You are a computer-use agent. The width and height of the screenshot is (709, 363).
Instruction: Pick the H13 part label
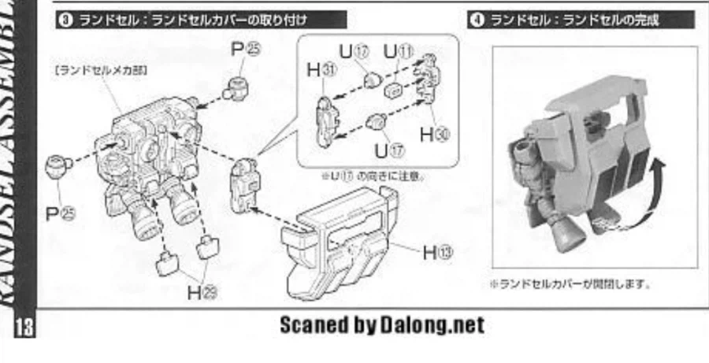[440, 252]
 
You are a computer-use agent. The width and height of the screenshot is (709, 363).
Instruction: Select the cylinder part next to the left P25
[58, 167]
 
